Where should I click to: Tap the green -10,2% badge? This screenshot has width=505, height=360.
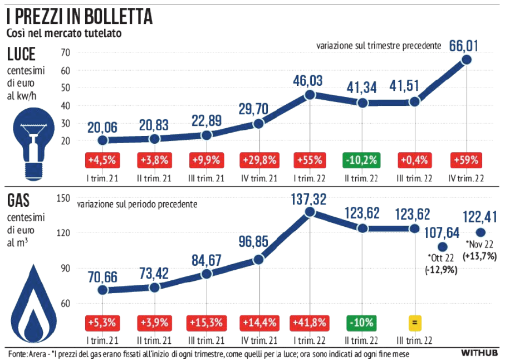point(362,160)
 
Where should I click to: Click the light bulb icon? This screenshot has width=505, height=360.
point(31,137)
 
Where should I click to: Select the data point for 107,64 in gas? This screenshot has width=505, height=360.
point(443,246)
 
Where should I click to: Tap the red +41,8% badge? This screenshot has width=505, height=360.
point(310,322)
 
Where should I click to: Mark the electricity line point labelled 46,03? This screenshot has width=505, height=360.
point(310,95)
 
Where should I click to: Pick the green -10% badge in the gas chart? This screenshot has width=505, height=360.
point(362,322)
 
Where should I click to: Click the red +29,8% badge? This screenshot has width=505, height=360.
point(257,160)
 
